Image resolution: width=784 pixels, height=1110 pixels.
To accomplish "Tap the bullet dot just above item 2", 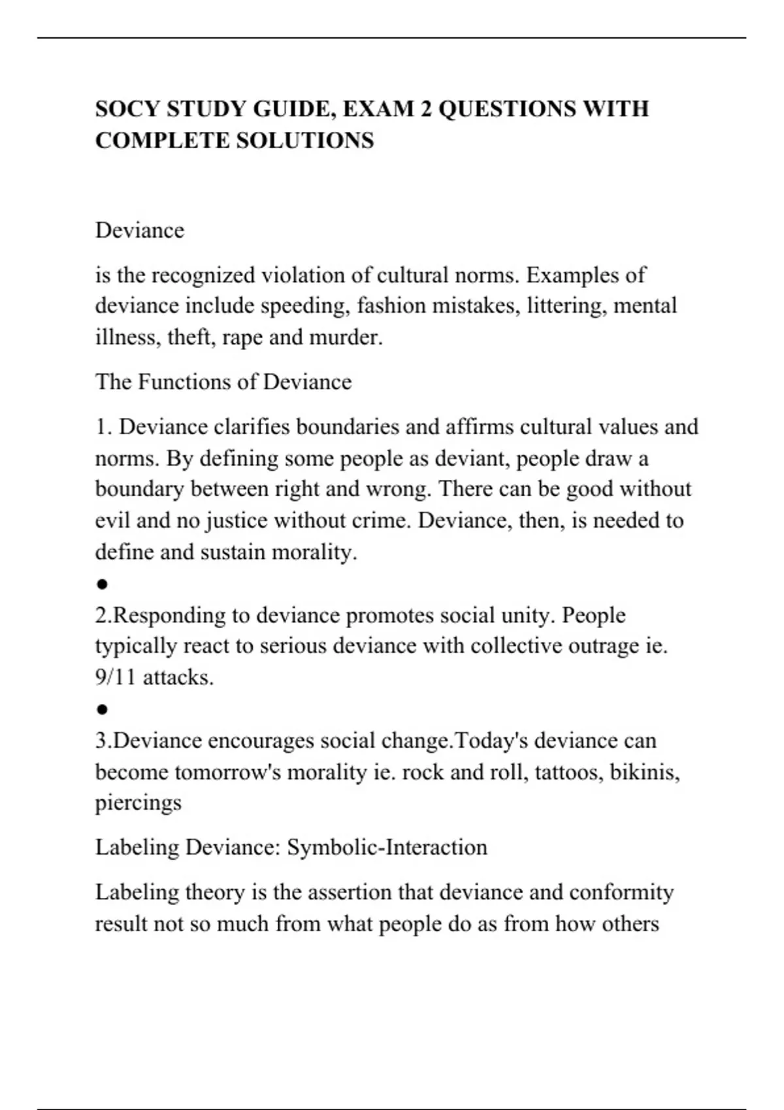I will (102, 584).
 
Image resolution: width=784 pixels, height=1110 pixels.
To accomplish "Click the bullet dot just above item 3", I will (102, 709).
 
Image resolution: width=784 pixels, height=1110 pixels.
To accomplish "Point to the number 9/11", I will (116, 678).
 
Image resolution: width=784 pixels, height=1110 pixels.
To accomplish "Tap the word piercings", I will (138, 803).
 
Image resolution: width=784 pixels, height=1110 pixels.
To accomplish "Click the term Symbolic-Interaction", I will (387, 848).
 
